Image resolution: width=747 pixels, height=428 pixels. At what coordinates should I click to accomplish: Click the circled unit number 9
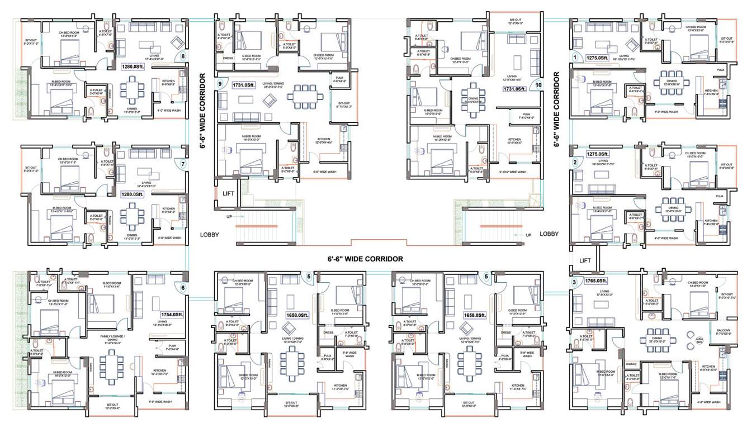click(220, 84)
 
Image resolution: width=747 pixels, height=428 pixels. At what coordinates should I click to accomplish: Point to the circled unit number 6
click(182, 288)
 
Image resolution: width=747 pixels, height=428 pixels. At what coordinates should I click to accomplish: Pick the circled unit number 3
click(574, 282)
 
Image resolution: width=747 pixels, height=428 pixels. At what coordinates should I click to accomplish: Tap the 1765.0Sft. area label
click(597, 280)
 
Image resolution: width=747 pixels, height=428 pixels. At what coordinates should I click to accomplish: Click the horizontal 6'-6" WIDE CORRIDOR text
click(366, 259)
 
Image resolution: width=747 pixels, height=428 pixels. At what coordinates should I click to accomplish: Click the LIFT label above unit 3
click(585, 260)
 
